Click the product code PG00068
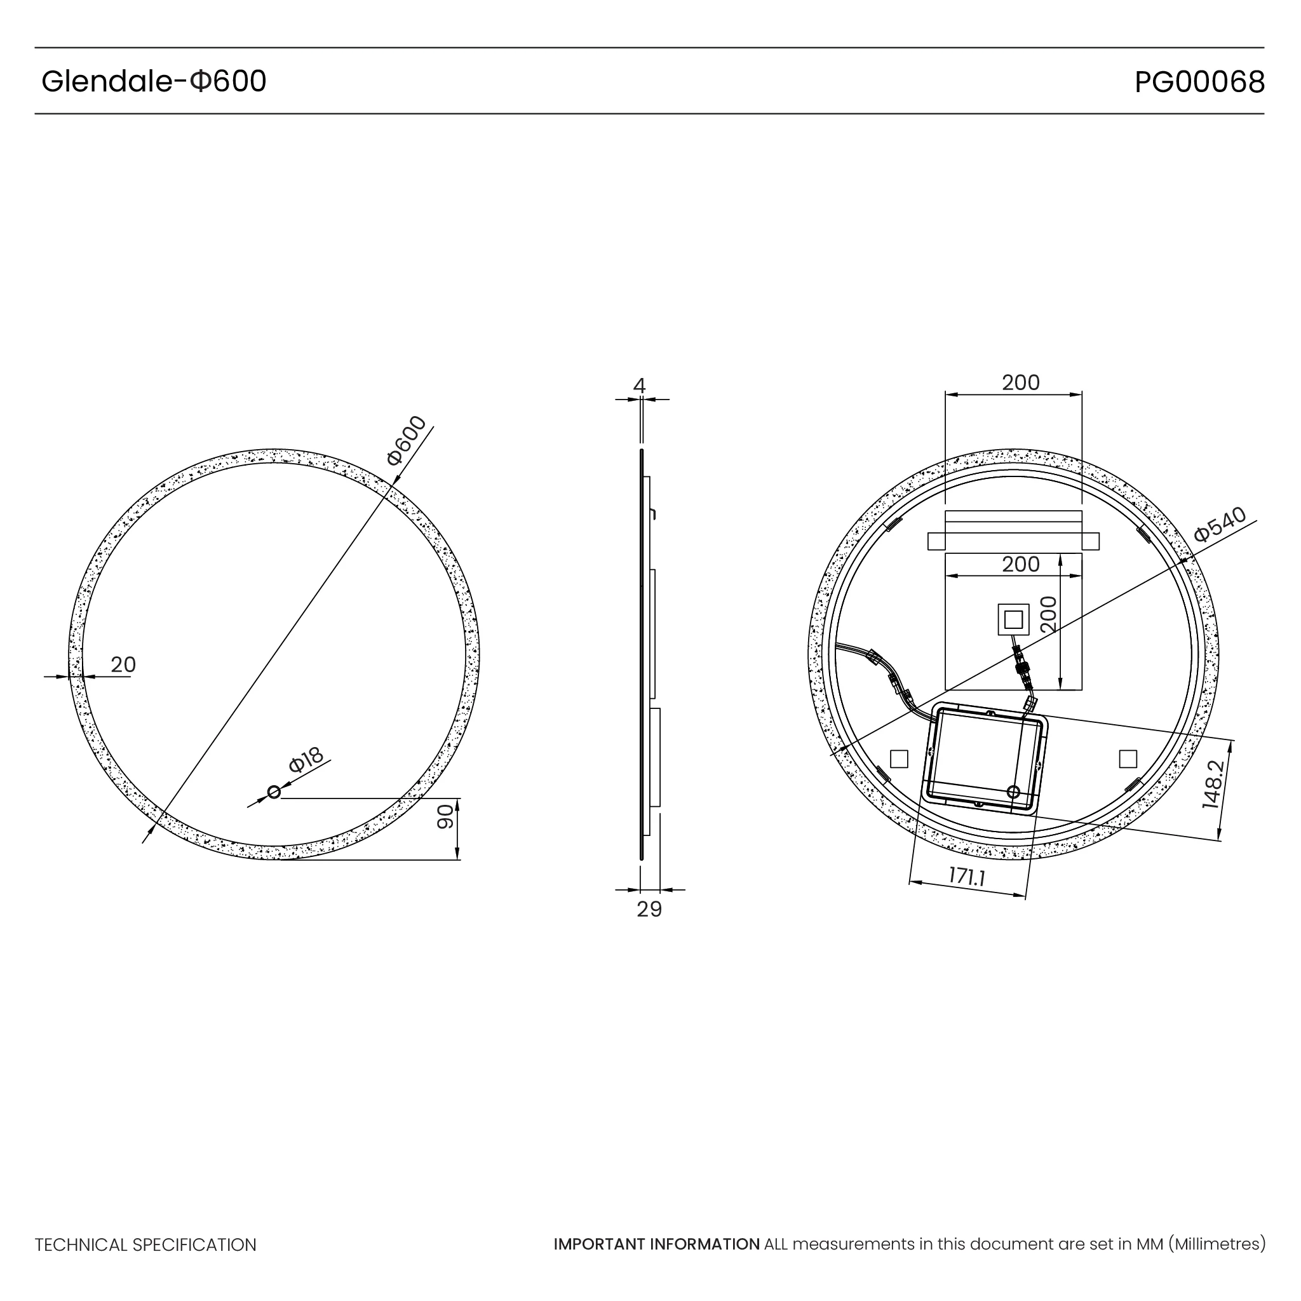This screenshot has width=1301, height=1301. tap(1199, 82)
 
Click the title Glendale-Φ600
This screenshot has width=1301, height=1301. tap(154, 81)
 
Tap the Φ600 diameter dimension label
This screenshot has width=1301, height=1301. tap(407, 440)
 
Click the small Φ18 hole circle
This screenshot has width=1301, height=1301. tap(274, 792)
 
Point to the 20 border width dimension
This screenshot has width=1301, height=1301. tap(123, 664)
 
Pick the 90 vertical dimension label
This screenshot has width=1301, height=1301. tap(446, 817)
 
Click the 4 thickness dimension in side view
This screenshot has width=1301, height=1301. tap(639, 386)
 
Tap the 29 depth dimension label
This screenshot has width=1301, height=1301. tap(649, 910)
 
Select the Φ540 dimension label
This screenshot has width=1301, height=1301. tap(1220, 525)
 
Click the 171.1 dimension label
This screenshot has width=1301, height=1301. tap(967, 877)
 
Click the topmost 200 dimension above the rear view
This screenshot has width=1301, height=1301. tap(1020, 382)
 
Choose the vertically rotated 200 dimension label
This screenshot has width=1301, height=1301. tap(1048, 614)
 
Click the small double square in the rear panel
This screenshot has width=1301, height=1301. tap(1013, 619)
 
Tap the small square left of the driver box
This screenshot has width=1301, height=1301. tap(899, 759)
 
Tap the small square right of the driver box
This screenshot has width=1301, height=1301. tap(1128, 759)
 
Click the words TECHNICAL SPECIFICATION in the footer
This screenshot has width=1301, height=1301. tap(145, 1245)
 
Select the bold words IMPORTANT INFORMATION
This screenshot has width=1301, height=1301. tap(657, 1244)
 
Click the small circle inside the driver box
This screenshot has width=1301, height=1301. tap(1013, 792)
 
